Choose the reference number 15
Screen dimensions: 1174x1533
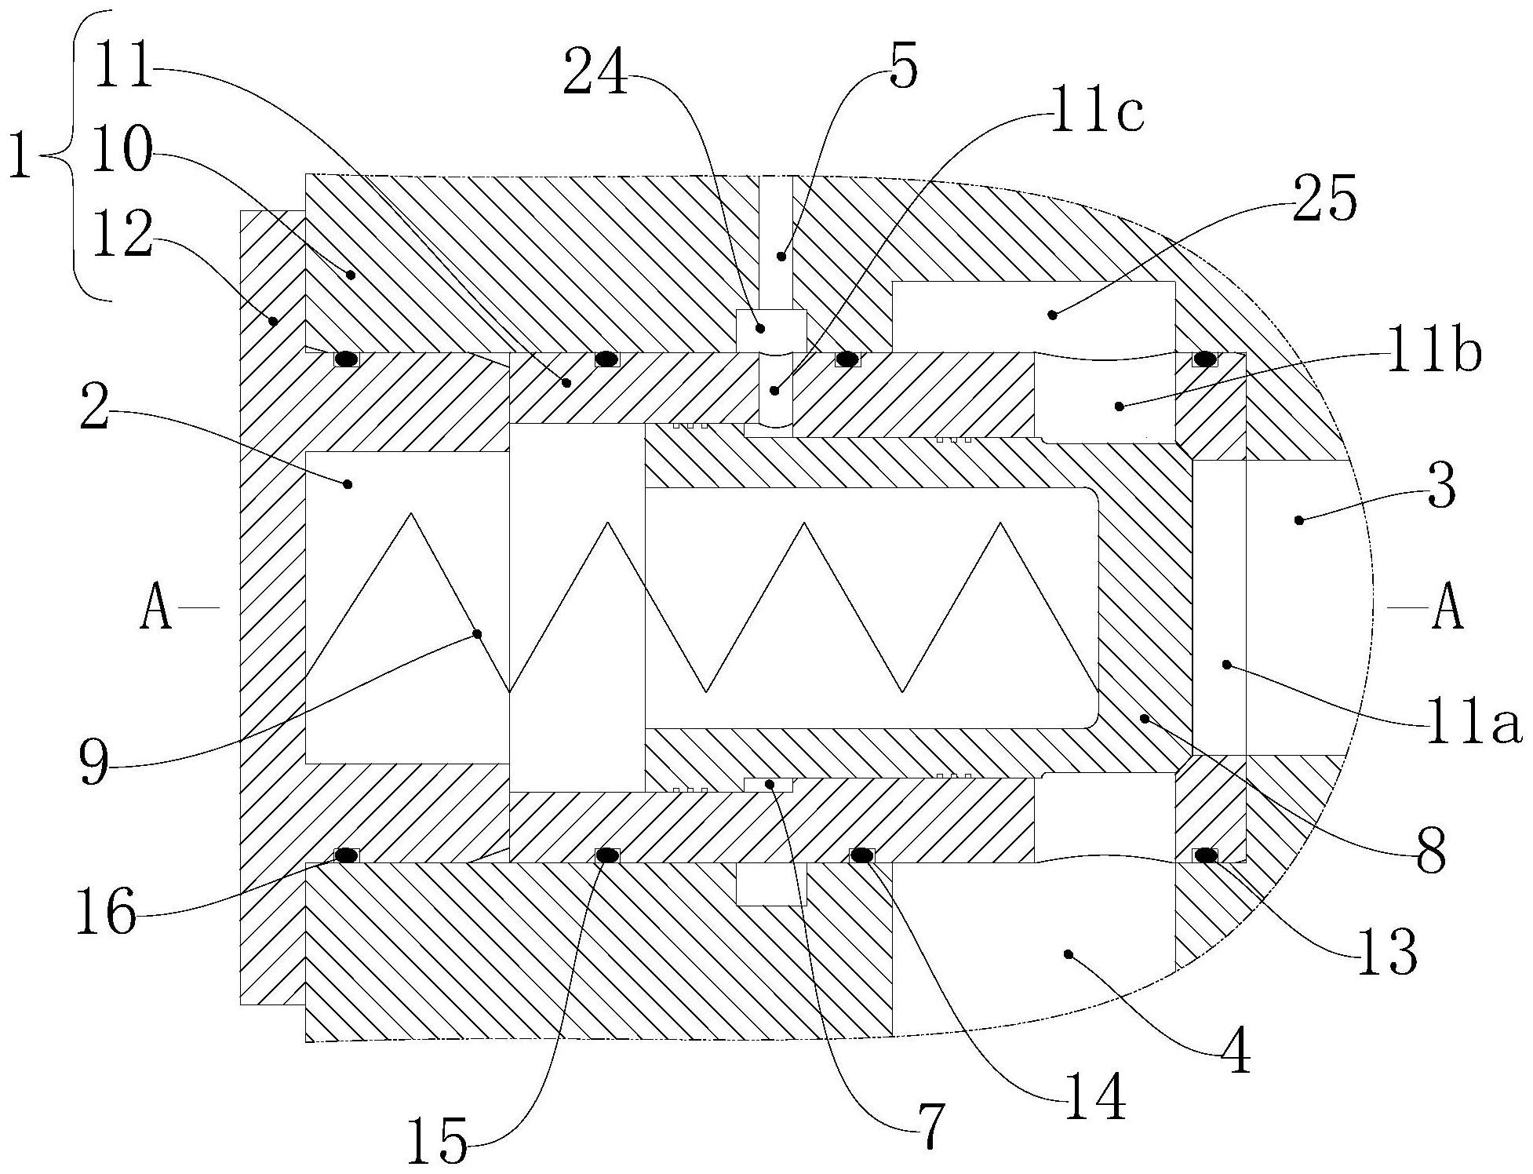[x=436, y=1143]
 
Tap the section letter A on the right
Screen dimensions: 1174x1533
[x=1447, y=610]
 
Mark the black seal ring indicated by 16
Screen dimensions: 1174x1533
[x=346, y=855]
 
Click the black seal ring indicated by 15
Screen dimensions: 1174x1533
[x=606, y=855]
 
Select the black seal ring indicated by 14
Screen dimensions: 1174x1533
[x=862, y=855]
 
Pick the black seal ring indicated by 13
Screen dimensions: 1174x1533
[x=1204, y=855]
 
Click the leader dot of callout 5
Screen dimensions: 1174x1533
[x=781, y=256]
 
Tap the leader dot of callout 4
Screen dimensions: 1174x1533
[x=1067, y=953]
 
